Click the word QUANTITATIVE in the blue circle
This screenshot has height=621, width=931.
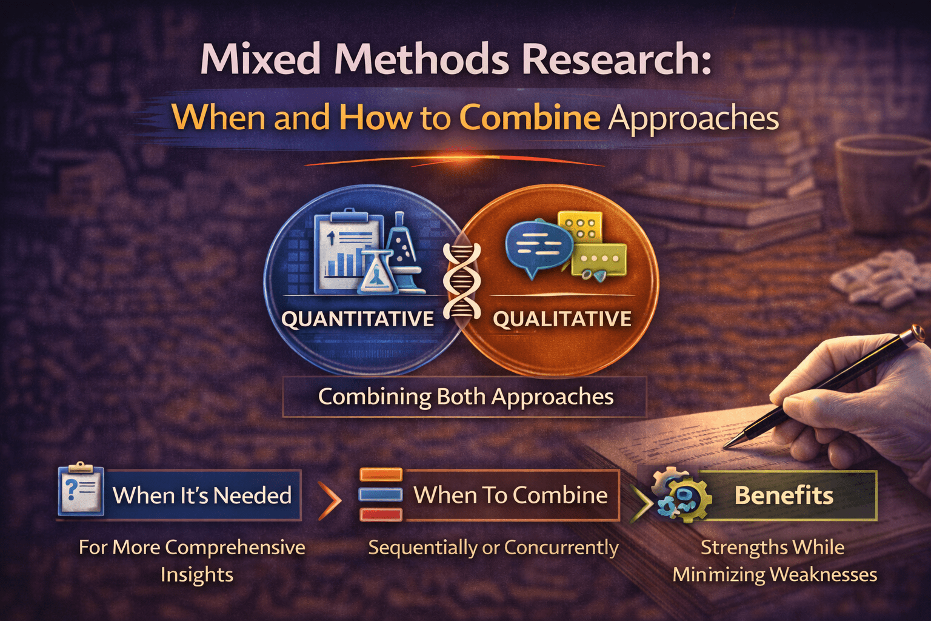(x=358, y=319)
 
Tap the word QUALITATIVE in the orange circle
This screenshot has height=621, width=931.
(x=562, y=319)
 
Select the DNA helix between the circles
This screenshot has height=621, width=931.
(x=462, y=280)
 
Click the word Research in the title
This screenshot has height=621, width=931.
(x=616, y=59)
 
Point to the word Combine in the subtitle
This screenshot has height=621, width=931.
(x=530, y=117)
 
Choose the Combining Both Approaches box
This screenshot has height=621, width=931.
(x=465, y=397)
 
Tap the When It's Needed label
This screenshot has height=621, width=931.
(x=202, y=495)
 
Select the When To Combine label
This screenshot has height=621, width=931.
(x=510, y=495)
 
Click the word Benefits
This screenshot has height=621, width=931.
(x=784, y=495)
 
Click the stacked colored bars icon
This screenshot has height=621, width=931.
(x=381, y=494)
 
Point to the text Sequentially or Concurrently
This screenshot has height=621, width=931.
(x=493, y=548)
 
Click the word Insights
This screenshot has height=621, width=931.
(x=196, y=574)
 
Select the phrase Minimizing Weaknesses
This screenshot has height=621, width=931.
(x=775, y=574)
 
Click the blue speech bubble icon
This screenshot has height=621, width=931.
(x=537, y=246)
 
